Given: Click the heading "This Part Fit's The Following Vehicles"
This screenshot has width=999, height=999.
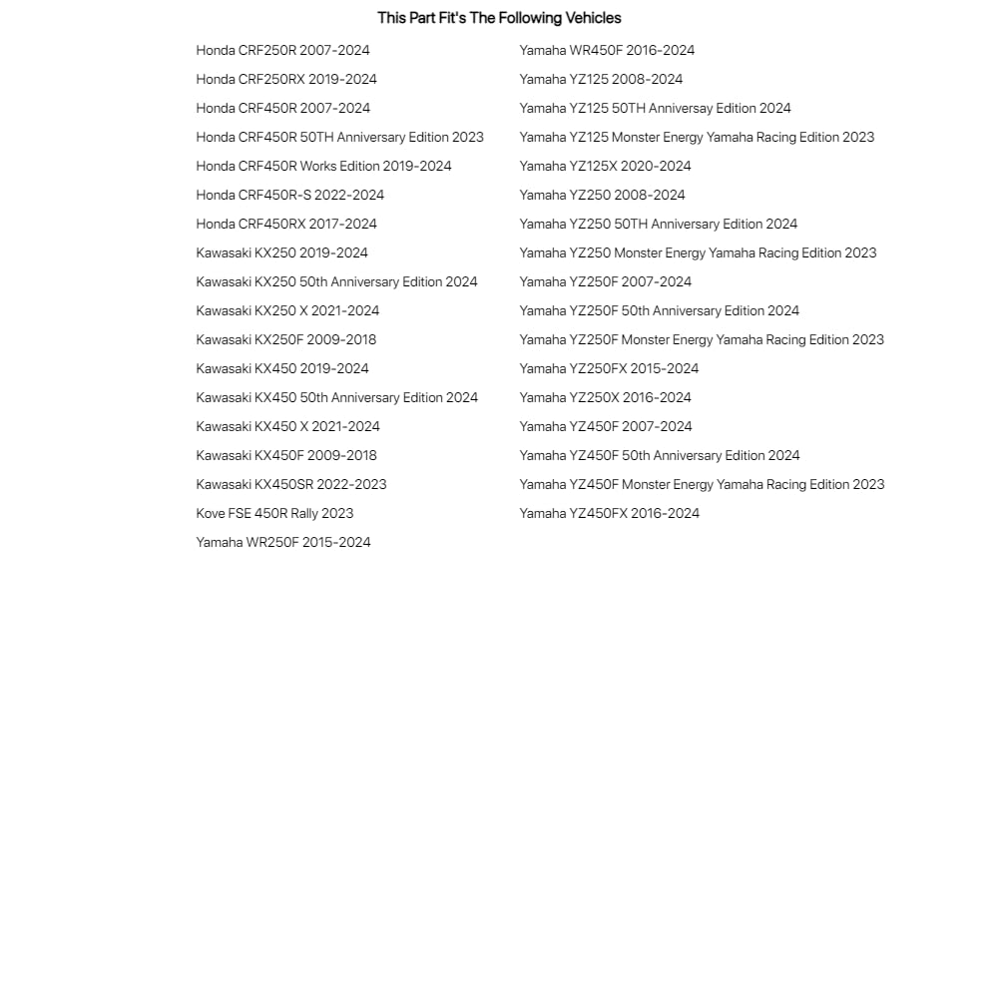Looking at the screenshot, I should pos(499,18).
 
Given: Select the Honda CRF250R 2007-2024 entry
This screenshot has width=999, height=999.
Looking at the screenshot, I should pos(282,50).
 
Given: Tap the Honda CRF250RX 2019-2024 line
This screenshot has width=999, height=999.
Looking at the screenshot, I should pos(286,79).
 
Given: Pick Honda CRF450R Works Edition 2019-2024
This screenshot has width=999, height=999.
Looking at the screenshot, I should pos(323,166).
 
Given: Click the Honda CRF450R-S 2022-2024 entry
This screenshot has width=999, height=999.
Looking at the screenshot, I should pos(289,195).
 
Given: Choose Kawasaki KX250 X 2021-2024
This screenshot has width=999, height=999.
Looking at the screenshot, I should pos(287,310).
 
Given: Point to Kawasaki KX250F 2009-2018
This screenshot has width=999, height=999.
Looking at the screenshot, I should pos(285,339).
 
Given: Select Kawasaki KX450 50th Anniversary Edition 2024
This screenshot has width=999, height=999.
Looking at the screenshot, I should pos(336,397).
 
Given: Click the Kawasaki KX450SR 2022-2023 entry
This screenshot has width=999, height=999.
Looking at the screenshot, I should pos(290,484).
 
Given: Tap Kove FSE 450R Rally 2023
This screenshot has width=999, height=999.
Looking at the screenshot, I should pos(274,513).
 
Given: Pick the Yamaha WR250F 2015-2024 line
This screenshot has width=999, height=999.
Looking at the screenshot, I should pos(282,542).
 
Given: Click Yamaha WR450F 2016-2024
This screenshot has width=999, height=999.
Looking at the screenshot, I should pos(607,50).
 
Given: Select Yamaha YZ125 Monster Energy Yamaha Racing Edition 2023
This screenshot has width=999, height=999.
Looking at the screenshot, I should pos(697,137).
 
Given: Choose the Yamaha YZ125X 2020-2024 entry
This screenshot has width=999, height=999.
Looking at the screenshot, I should pos(605,166).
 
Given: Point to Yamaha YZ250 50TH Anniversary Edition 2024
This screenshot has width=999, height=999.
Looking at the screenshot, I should pos(658,224).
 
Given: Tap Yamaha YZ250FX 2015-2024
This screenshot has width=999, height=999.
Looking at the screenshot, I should pos(609,368).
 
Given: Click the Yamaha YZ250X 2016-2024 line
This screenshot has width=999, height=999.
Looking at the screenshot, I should pos(605,397).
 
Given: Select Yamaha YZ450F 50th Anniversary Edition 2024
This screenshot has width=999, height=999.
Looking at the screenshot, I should pos(659,455).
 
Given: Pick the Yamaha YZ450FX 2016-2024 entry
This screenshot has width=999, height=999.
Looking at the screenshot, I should pos(609,513).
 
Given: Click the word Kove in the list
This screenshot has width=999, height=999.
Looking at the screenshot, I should pos(211,513).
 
